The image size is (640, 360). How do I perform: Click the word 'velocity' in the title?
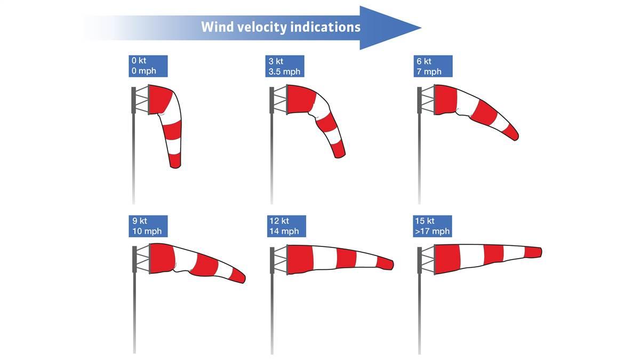(258, 27)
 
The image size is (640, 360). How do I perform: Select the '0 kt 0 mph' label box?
(148, 66)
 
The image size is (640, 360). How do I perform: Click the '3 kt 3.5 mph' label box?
(285, 66)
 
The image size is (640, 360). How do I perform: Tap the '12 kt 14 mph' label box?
(286, 226)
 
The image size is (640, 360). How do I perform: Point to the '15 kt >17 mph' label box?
(433, 226)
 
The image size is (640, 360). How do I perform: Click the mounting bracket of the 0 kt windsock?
(141, 100)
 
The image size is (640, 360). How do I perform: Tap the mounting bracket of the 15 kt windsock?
(426, 260)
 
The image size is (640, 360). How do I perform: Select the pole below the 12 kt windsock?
(272, 315)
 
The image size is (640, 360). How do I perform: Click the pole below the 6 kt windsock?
(419, 160)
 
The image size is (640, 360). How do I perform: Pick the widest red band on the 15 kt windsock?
(447, 259)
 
